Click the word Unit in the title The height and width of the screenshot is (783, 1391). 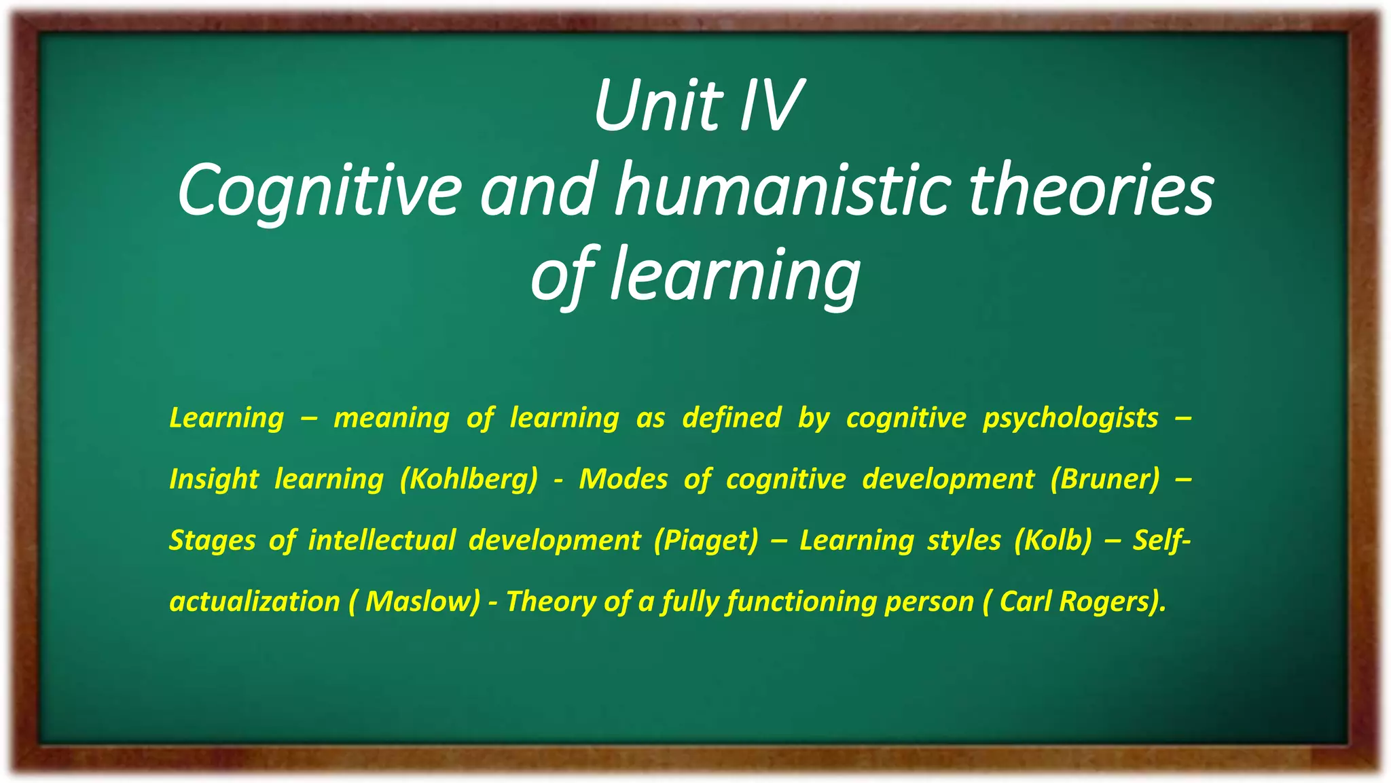[x=656, y=107]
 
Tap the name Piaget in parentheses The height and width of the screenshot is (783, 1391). [x=706, y=540]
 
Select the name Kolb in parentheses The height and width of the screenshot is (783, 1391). [x=1053, y=540]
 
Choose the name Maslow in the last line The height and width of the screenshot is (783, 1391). [x=421, y=602]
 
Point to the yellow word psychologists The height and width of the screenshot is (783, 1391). [x=1070, y=418]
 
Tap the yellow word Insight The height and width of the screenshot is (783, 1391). [x=214, y=479]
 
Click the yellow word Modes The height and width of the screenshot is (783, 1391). [x=624, y=479]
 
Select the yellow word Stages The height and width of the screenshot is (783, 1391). [x=213, y=540]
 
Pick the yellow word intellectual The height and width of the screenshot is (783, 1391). [x=382, y=540]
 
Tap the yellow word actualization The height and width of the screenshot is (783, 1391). [x=255, y=602]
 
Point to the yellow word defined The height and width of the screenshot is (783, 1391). [x=731, y=418]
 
